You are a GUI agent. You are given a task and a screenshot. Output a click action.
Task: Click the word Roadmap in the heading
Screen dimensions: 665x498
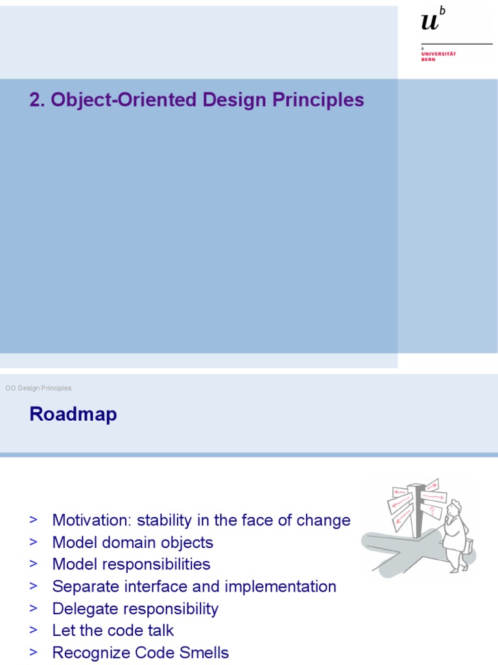tap(73, 414)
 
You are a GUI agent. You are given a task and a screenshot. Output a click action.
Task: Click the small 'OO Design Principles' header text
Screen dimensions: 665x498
tap(38, 388)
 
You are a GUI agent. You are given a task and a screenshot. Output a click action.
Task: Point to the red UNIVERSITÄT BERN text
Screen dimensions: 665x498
tap(438, 56)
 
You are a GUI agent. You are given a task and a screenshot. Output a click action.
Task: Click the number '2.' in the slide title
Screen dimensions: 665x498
tap(37, 100)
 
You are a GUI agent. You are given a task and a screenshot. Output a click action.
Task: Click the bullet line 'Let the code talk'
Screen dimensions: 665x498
tap(113, 631)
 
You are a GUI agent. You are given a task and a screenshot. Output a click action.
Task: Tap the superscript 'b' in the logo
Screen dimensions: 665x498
tap(443, 11)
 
